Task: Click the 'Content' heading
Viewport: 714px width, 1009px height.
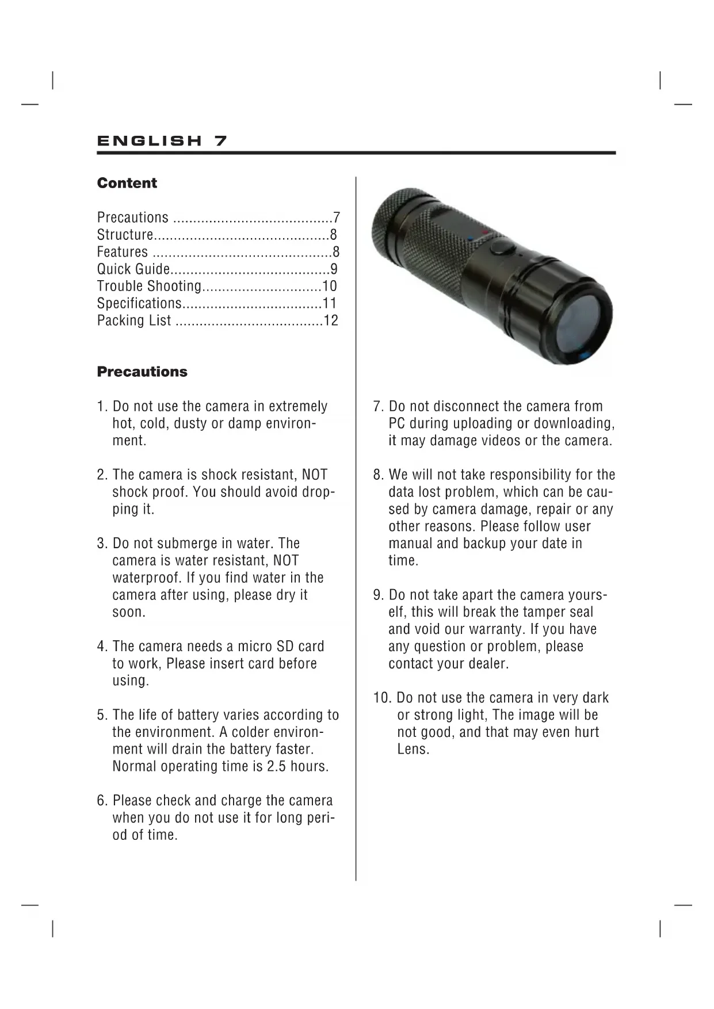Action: coord(127,183)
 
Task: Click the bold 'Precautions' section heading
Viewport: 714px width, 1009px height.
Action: coord(142,372)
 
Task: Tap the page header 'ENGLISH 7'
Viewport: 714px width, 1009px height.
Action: coord(162,141)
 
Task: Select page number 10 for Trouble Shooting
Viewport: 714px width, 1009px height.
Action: coord(330,286)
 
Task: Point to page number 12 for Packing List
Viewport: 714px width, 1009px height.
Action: coord(331,320)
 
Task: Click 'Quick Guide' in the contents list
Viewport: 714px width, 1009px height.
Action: coord(133,269)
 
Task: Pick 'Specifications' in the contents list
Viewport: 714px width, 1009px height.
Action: coord(139,304)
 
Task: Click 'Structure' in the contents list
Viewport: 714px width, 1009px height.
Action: coord(125,235)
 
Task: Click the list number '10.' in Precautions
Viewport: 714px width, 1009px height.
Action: coord(382,698)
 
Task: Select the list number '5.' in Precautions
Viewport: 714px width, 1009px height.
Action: coord(102,715)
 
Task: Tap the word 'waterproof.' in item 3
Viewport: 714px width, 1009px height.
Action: coord(146,578)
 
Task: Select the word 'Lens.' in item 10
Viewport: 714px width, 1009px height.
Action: coord(413,749)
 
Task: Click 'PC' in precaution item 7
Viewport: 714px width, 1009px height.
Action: coord(397,423)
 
